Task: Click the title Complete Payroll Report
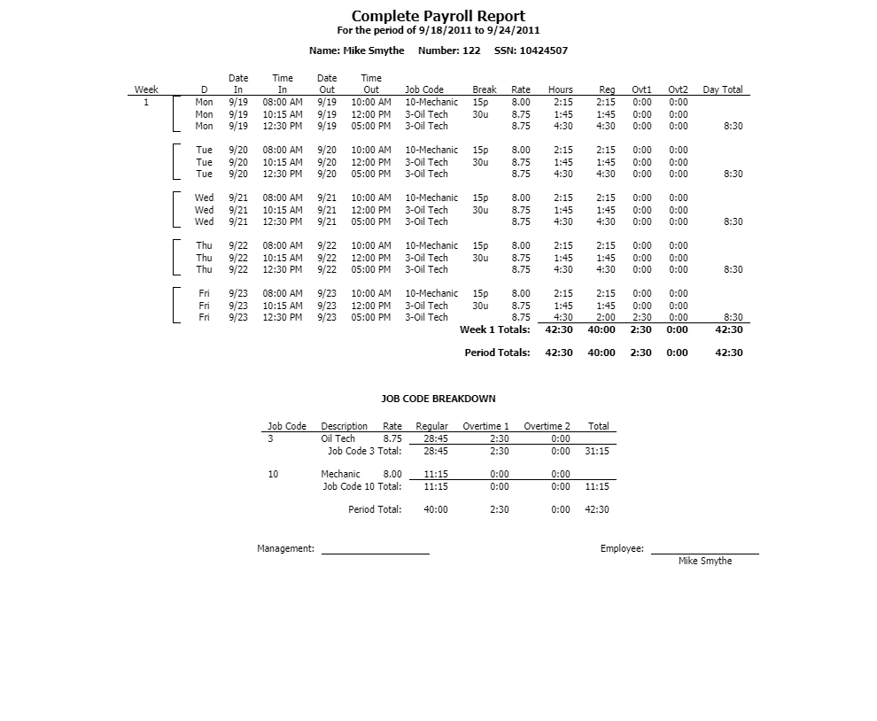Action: (438, 16)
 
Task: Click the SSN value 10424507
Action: (543, 50)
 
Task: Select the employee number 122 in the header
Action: (471, 50)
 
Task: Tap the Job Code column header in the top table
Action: (424, 89)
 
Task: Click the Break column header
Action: (485, 89)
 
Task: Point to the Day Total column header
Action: (722, 89)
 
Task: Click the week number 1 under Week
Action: (146, 102)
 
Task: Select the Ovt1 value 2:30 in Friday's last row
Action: (642, 317)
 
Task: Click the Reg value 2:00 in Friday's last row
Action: (606, 317)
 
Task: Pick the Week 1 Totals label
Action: (494, 329)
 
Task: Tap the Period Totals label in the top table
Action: (497, 353)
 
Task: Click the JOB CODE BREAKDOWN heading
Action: (438, 399)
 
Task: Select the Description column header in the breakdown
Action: (344, 426)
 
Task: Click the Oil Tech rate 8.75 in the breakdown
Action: (392, 438)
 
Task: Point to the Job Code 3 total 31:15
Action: (597, 451)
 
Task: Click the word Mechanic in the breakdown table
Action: (340, 474)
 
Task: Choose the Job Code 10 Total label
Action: (361, 486)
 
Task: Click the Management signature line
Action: (375, 553)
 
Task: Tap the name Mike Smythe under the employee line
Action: (705, 561)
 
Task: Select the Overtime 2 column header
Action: (547, 426)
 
